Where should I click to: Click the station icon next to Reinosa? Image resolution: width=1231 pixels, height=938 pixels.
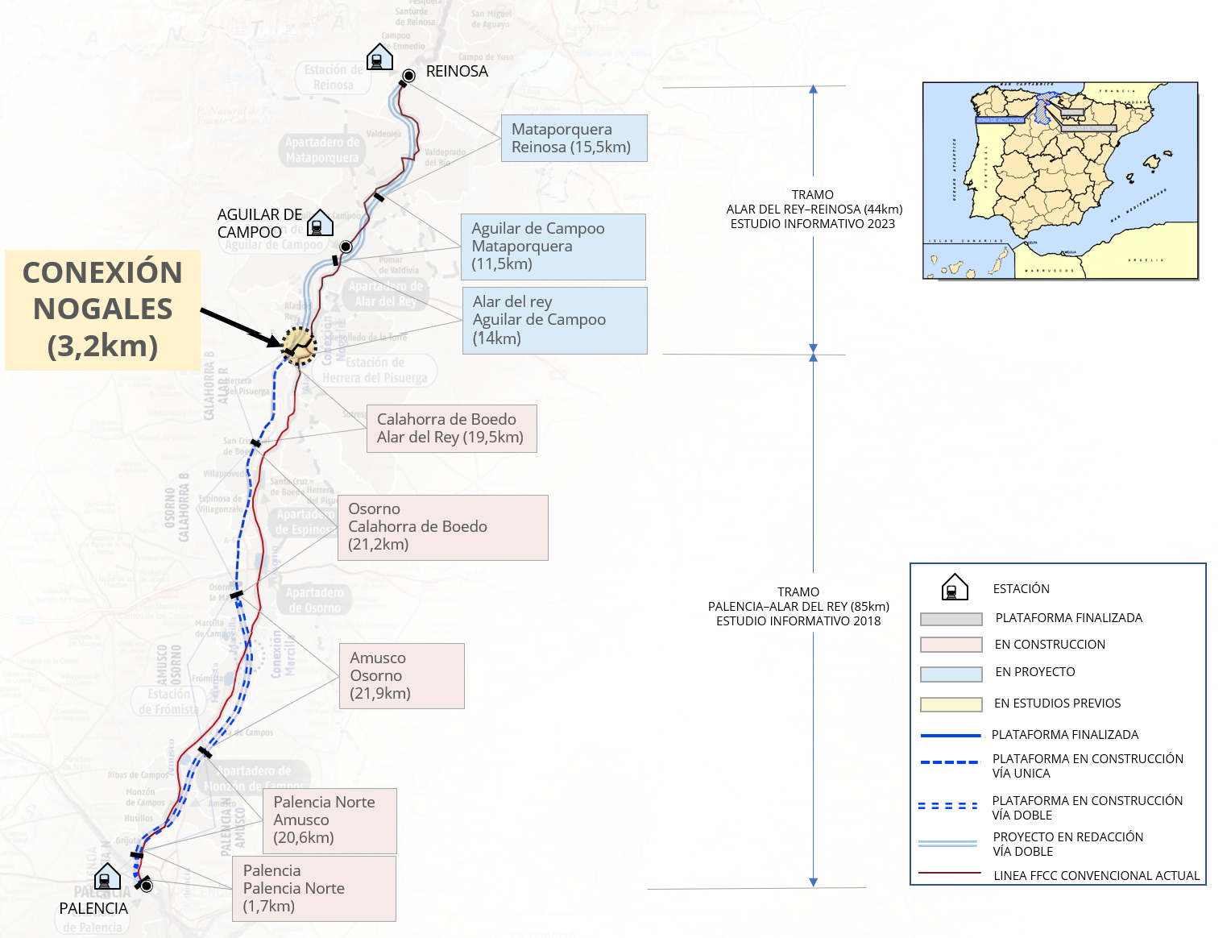tap(379, 57)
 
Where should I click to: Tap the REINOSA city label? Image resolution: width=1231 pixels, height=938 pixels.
tap(457, 72)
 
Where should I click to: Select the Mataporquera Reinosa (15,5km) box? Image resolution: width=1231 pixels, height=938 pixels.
tap(574, 139)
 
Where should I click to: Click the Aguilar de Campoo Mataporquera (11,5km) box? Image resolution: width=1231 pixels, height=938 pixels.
tap(553, 247)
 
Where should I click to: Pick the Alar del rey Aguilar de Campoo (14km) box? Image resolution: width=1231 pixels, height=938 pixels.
tap(554, 321)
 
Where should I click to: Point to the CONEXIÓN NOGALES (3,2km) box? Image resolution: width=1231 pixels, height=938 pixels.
tap(102, 309)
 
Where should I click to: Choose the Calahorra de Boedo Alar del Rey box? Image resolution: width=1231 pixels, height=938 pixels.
tap(451, 429)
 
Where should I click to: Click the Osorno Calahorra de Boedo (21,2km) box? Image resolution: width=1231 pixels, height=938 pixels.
tap(442, 527)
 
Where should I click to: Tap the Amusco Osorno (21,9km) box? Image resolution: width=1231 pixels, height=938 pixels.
tap(401, 676)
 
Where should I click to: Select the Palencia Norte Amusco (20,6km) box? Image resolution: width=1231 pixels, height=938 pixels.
tap(329, 820)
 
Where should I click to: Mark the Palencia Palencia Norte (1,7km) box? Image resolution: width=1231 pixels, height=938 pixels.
tap(313, 888)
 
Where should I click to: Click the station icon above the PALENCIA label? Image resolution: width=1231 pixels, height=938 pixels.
tap(107, 877)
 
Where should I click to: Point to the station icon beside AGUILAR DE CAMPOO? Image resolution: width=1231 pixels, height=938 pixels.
tap(320, 222)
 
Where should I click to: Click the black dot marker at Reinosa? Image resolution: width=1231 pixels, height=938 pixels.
tap(409, 76)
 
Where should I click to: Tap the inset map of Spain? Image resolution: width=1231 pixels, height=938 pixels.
tap(1060, 181)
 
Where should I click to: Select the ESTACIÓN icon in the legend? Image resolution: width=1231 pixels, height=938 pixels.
tap(955, 587)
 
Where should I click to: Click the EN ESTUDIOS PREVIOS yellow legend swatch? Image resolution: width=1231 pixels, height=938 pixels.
tap(951, 704)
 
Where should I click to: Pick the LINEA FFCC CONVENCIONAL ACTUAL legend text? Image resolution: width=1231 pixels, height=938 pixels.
tap(1096, 875)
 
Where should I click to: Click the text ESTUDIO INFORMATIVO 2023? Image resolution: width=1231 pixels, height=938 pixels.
tap(812, 224)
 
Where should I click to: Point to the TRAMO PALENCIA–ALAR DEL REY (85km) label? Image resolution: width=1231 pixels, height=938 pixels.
tap(798, 606)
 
